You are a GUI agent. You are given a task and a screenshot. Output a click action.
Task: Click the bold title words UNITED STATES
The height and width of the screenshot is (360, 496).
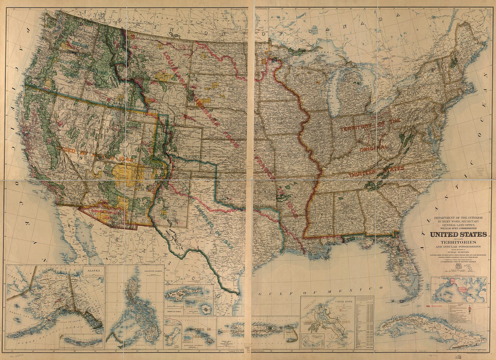[458, 234]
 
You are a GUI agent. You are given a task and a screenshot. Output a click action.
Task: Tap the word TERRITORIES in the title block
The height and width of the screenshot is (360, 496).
[458, 242]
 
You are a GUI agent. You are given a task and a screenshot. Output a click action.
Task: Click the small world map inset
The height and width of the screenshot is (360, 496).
[459, 289]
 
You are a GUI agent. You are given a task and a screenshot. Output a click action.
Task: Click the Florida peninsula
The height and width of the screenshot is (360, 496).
[408, 266]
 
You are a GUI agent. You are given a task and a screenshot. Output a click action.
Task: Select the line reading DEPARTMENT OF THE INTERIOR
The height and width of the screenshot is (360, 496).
[458, 218]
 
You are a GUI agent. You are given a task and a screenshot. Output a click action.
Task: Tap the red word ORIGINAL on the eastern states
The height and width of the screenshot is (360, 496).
[373, 148]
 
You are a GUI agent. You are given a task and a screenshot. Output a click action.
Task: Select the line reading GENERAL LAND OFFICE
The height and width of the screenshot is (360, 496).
[458, 225]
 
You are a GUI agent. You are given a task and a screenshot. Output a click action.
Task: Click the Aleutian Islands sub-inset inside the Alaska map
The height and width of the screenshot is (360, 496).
[81, 342]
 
